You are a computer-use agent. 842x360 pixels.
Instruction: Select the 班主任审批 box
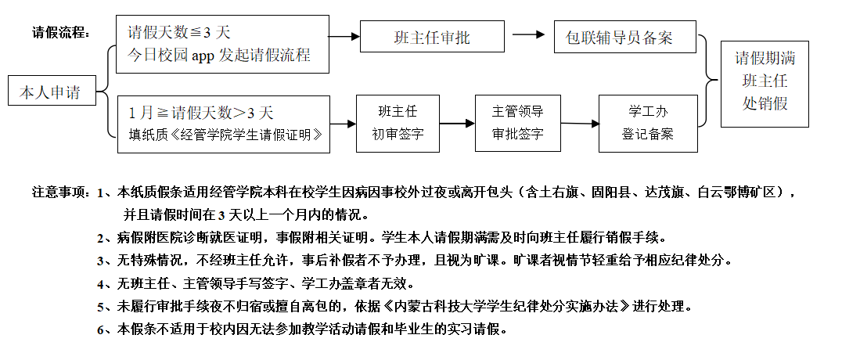pyautogui.click(x=432, y=37)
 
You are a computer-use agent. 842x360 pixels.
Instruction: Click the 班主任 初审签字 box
pyautogui.click(x=397, y=122)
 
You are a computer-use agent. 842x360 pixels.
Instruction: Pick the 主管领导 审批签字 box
pyautogui.click(x=517, y=122)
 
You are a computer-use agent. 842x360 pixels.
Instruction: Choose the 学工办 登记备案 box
pyautogui.click(x=647, y=122)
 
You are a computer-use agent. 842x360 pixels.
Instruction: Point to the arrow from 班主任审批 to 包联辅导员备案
pyautogui.click(x=529, y=35)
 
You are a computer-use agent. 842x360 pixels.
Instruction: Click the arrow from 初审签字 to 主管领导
pyautogui.click(x=456, y=123)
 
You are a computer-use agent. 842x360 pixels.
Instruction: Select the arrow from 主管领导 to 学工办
pyautogui.click(x=580, y=123)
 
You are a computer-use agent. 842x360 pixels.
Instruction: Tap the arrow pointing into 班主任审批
pyautogui.click(x=343, y=37)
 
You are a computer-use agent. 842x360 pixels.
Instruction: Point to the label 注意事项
pyautogui.click(x=61, y=192)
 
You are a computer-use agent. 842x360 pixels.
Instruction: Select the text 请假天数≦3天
pyautogui.click(x=179, y=33)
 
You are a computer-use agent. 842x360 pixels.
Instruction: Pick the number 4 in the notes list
pyautogui.click(x=101, y=283)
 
